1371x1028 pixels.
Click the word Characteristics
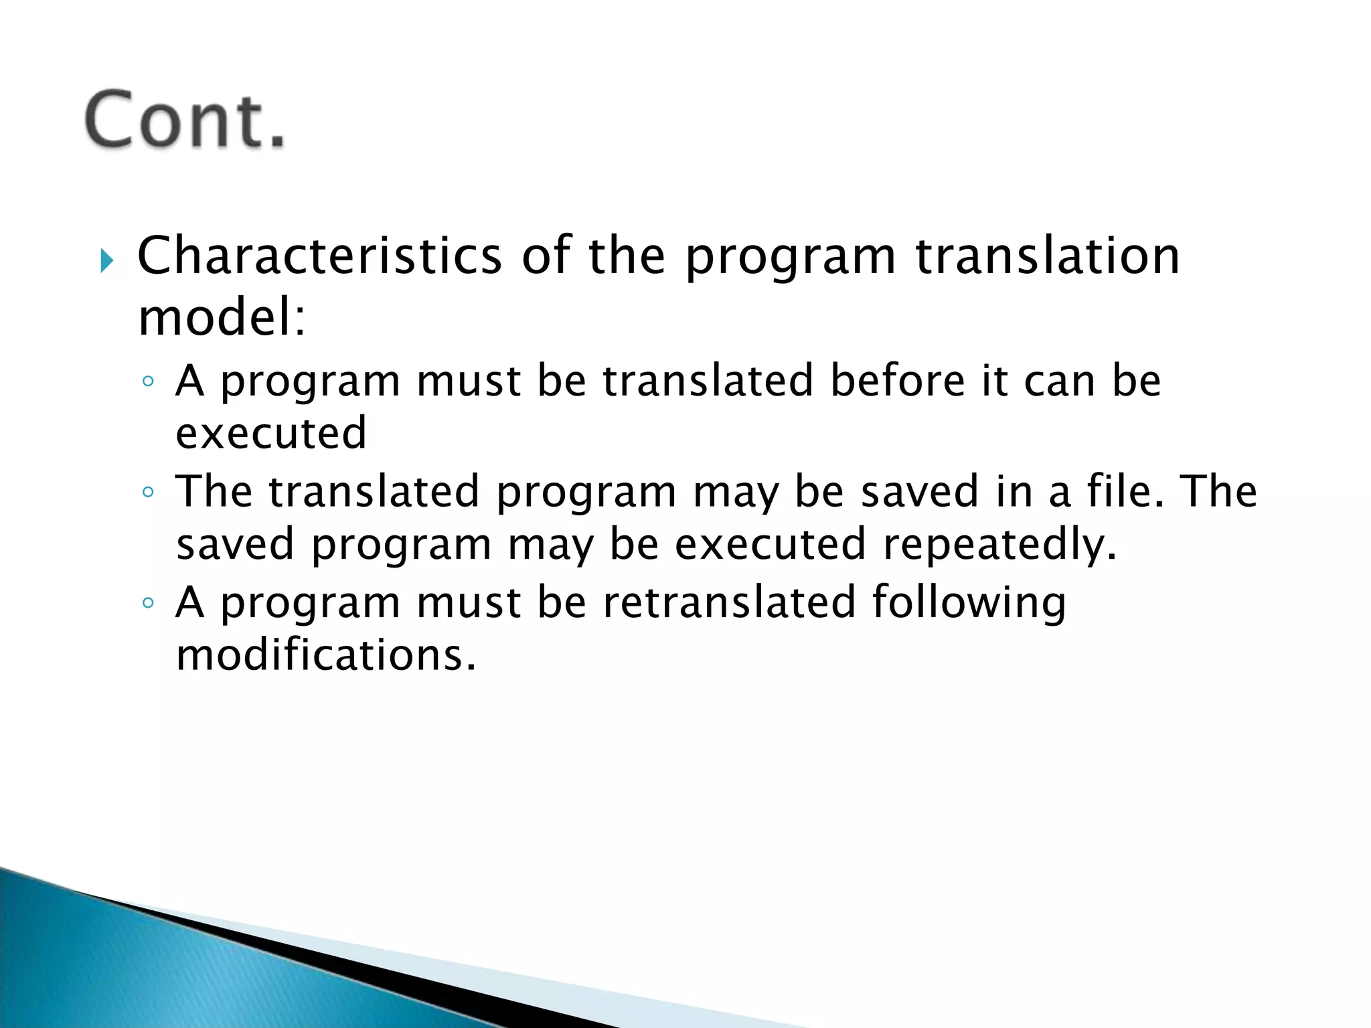point(319,256)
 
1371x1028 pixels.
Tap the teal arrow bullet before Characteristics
point(107,260)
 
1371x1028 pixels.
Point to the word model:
point(222,317)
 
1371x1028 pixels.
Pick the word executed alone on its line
point(271,433)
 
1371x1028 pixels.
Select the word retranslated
point(730,601)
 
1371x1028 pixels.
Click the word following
point(969,602)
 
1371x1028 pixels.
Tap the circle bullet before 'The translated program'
point(149,493)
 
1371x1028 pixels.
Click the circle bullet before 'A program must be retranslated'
point(149,603)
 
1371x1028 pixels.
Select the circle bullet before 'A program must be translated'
point(149,382)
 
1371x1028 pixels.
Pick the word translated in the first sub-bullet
point(708,380)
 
